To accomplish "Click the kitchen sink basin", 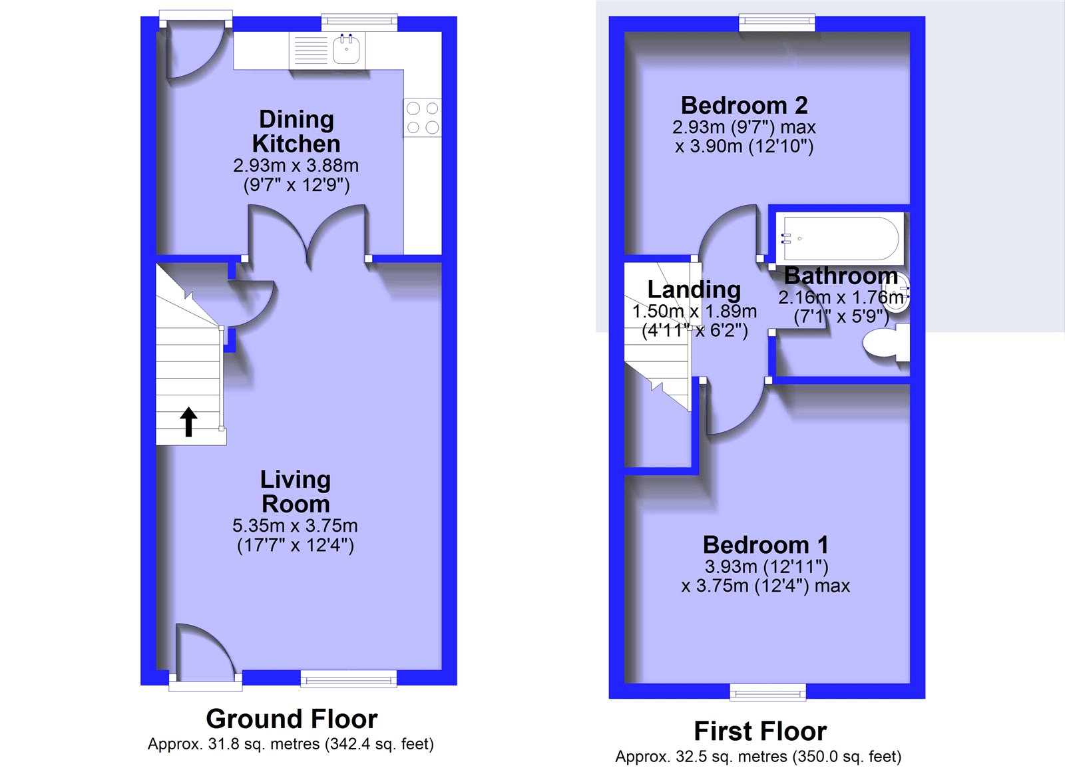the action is pos(346,49).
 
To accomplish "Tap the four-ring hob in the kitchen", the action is pos(422,118).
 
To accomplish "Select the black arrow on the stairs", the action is pos(189,421).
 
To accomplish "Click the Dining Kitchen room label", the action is pos(296,131).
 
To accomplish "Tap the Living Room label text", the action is pos(296,492).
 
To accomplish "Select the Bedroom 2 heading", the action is pos(744,105).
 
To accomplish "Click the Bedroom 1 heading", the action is pos(765,545).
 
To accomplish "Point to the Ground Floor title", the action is pos(292,718).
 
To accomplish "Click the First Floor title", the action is pos(760,731).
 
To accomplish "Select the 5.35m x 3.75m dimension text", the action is pos(295,525).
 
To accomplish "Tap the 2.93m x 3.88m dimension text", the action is pos(296,166).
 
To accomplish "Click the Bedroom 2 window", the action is pos(777,23).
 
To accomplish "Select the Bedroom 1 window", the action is pos(768,692).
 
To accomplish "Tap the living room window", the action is pos(349,679).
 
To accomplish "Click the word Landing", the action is pos(694,290).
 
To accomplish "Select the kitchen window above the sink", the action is pos(359,23).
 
